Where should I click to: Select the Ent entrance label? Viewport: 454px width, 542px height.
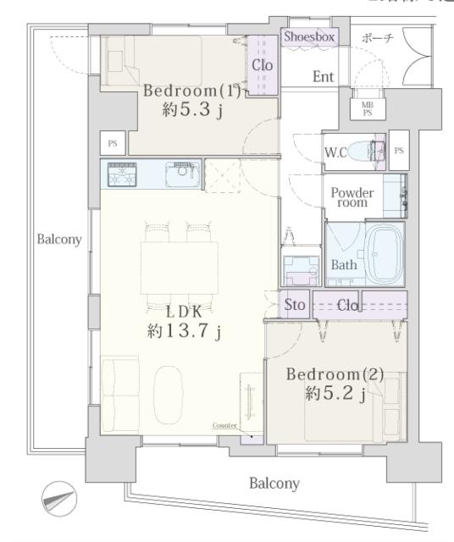tap(323, 77)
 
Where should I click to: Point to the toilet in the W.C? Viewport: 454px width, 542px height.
tap(363, 152)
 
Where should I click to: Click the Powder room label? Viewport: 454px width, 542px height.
tap(352, 197)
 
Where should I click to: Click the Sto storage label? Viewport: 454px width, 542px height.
tap(294, 305)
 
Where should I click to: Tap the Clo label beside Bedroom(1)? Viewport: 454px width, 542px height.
tap(260, 63)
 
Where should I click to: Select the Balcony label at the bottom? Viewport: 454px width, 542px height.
tap(274, 484)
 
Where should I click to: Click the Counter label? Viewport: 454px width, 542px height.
tap(224, 426)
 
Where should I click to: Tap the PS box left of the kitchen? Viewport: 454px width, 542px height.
tap(111, 143)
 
